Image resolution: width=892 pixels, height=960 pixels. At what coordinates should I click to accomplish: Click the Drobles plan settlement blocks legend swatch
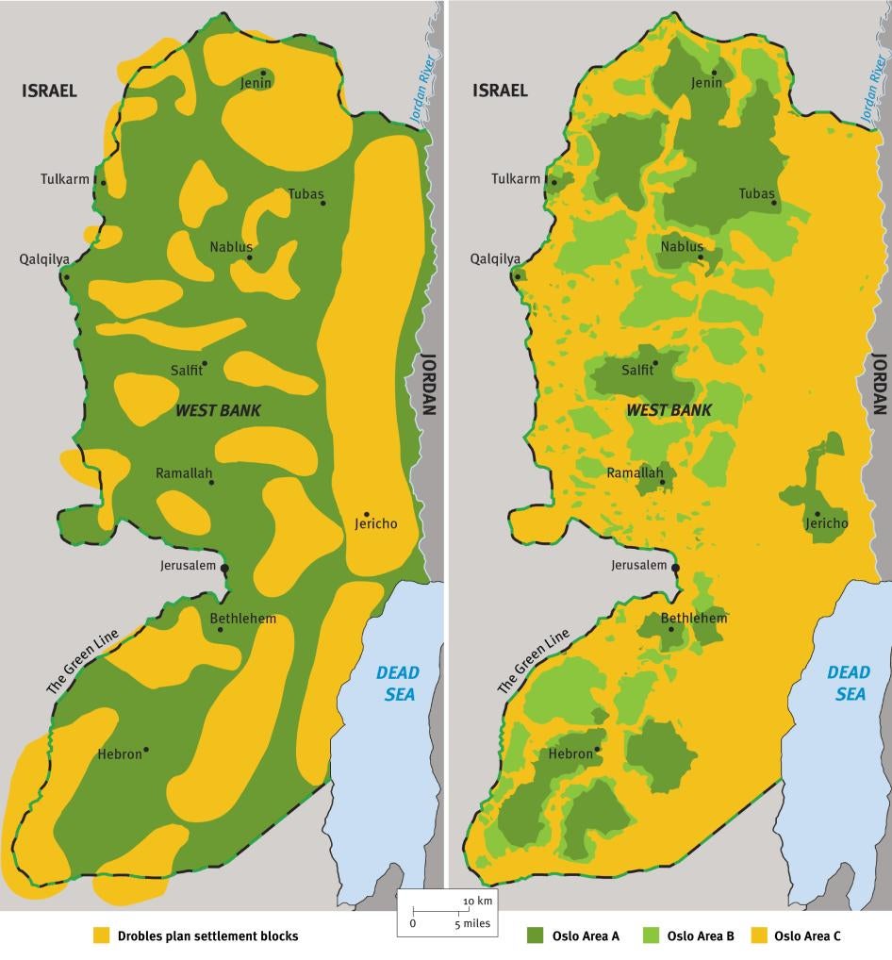point(103,935)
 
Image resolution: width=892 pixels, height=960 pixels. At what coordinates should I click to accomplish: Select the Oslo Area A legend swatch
point(537,935)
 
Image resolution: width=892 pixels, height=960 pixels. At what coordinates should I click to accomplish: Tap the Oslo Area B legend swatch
point(652,935)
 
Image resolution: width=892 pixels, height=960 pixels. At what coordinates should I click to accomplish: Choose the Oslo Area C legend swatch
point(760,935)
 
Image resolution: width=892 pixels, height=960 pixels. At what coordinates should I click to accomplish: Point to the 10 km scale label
point(474,902)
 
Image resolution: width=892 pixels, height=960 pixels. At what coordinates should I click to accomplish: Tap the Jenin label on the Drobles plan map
point(256,83)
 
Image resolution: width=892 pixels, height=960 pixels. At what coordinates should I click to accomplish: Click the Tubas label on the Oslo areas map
point(755,193)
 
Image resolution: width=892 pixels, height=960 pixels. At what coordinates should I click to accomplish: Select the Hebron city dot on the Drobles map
point(146,750)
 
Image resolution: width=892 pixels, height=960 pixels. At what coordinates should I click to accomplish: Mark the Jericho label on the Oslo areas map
point(827,523)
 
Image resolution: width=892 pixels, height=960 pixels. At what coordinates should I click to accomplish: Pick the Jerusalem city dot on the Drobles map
point(224,568)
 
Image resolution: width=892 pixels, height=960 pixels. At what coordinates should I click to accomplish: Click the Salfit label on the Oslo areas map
point(637,370)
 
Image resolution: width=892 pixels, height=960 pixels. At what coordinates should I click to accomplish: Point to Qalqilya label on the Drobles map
point(44,258)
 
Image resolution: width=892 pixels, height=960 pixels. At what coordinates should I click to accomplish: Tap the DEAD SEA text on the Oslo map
point(846,684)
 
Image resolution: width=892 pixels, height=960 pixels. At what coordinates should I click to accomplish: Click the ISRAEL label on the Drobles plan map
point(50,91)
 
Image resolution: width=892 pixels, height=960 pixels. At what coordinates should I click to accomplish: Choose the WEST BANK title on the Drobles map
point(218,410)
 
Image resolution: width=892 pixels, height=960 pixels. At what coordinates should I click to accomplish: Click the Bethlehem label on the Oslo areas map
point(693,619)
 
